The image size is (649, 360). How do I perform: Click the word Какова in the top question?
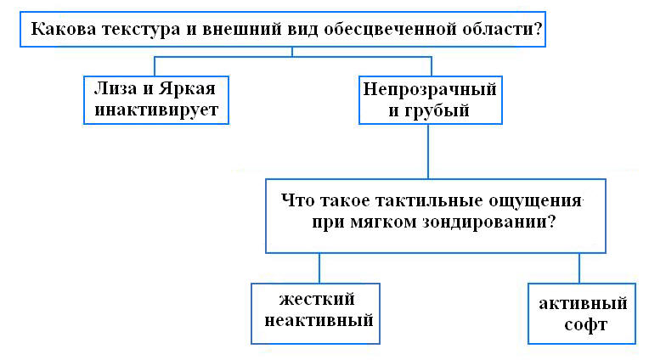pos(62,29)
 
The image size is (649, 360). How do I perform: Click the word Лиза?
pos(115,88)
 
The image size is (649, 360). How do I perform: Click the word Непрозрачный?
pos(429,88)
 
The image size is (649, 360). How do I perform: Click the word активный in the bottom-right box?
pos(582,303)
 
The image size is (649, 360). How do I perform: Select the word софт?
pos(582,325)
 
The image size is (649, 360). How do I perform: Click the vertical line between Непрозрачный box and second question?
pos(428,151)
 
